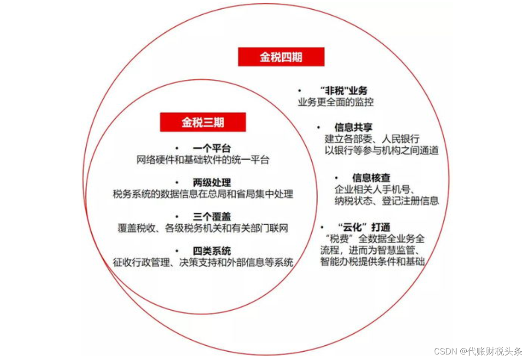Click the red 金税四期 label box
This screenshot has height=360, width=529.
click(281, 57)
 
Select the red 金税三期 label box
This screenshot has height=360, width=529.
click(203, 122)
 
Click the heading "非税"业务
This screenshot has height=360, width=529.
click(343, 91)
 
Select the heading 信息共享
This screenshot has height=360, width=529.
click(353, 127)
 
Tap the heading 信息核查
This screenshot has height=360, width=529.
click(371, 178)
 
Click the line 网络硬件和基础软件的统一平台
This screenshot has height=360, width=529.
click(203, 160)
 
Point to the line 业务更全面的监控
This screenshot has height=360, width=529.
click(336, 102)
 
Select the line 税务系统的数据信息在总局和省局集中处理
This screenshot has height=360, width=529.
click(203, 194)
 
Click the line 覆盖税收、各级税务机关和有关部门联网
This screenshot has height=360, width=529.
click(203, 228)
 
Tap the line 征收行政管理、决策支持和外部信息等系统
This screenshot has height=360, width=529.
click(203, 263)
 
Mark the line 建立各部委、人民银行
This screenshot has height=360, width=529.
click(372, 138)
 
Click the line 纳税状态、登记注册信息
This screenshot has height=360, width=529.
click(386, 201)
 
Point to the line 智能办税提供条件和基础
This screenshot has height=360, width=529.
click(372, 262)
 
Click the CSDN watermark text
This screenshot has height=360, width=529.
click(478, 351)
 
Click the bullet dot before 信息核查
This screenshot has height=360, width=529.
click(337, 178)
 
